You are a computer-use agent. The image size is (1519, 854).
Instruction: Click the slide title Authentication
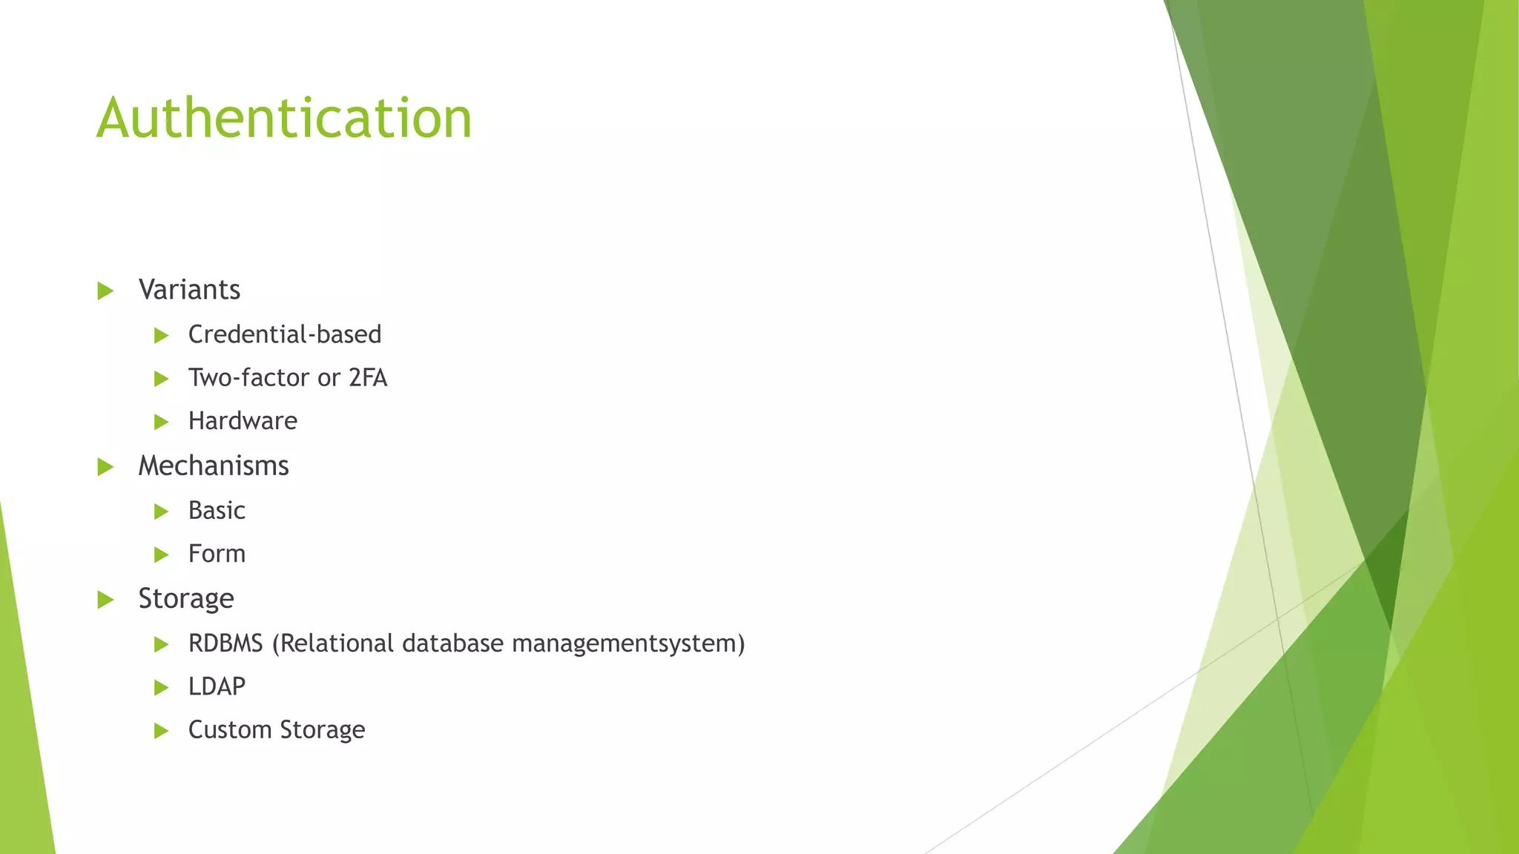click(x=284, y=119)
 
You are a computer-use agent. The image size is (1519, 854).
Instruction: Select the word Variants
click(x=189, y=290)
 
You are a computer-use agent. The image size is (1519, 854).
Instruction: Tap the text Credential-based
click(x=285, y=334)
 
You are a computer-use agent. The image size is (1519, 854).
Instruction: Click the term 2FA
click(x=368, y=378)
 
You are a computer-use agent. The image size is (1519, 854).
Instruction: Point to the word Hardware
click(x=243, y=421)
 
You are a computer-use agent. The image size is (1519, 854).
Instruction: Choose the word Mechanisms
click(x=214, y=466)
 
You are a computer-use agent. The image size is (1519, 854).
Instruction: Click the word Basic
click(x=217, y=511)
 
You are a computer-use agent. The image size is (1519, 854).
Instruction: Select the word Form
click(x=217, y=554)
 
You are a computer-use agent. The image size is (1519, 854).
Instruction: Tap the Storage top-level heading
click(x=186, y=599)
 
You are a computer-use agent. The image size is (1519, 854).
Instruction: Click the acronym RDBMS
click(x=225, y=643)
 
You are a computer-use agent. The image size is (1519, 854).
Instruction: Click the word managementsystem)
click(x=628, y=643)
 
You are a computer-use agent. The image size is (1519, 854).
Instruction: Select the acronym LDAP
click(x=217, y=686)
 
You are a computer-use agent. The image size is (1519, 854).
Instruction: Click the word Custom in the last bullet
click(x=230, y=730)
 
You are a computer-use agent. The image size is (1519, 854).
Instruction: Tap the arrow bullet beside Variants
click(x=105, y=291)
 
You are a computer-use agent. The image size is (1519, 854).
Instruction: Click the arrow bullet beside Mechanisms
click(x=105, y=467)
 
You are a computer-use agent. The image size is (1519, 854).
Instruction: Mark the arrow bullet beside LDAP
click(x=161, y=688)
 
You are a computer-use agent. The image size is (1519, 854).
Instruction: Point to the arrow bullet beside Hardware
click(x=161, y=423)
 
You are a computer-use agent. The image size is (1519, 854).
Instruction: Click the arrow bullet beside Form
click(x=161, y=555)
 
